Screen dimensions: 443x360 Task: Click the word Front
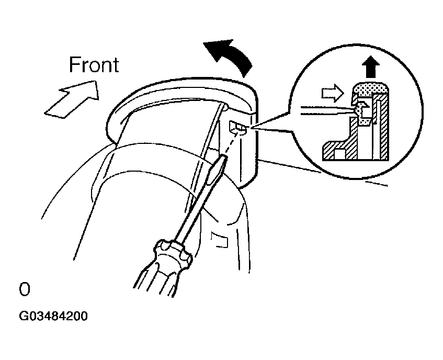[94, 65]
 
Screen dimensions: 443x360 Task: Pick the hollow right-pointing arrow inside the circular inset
[333, 93]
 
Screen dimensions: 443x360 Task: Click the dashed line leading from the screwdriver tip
[233, 143]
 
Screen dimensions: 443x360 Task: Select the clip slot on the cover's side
[239, 128]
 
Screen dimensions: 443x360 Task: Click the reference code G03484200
[53, 316]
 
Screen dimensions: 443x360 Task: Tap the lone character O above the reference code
[24, 289]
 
